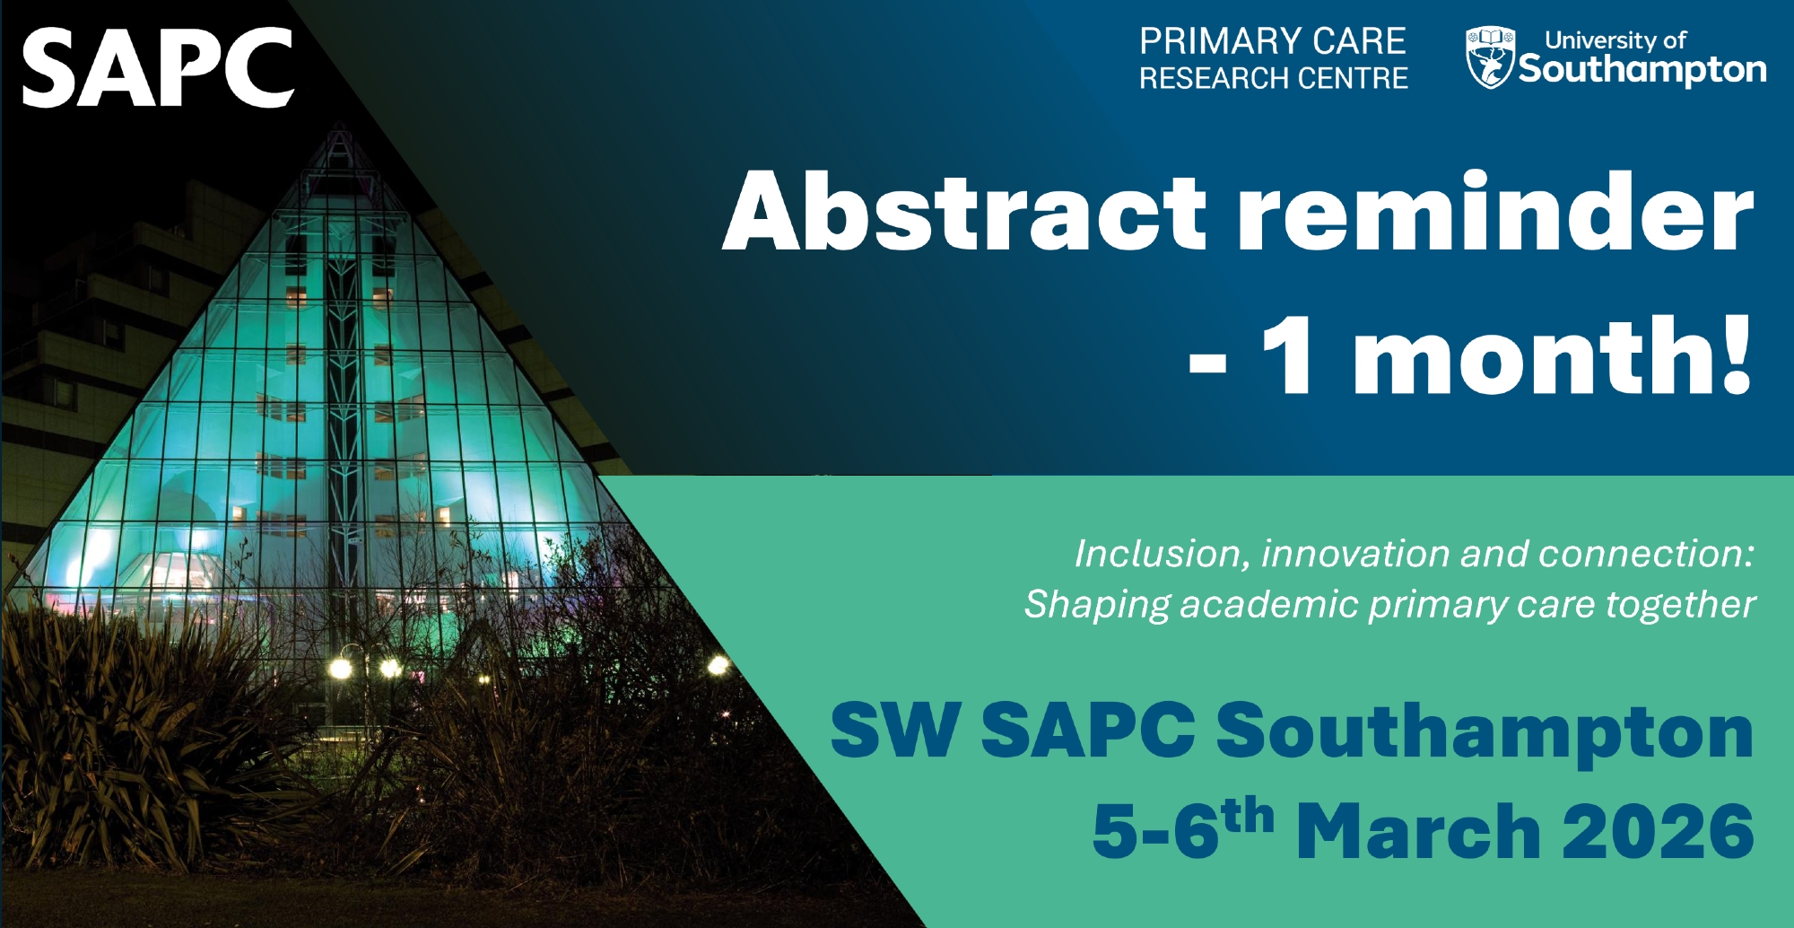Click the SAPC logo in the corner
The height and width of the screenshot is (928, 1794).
158,67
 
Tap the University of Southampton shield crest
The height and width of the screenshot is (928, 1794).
1490,58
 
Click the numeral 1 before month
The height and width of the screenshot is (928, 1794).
1288,355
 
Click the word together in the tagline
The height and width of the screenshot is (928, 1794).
1680,606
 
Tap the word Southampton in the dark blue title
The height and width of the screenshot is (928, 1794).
1485,734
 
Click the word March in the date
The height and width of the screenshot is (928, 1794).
1419,831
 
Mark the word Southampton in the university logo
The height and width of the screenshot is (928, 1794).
1642,70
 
